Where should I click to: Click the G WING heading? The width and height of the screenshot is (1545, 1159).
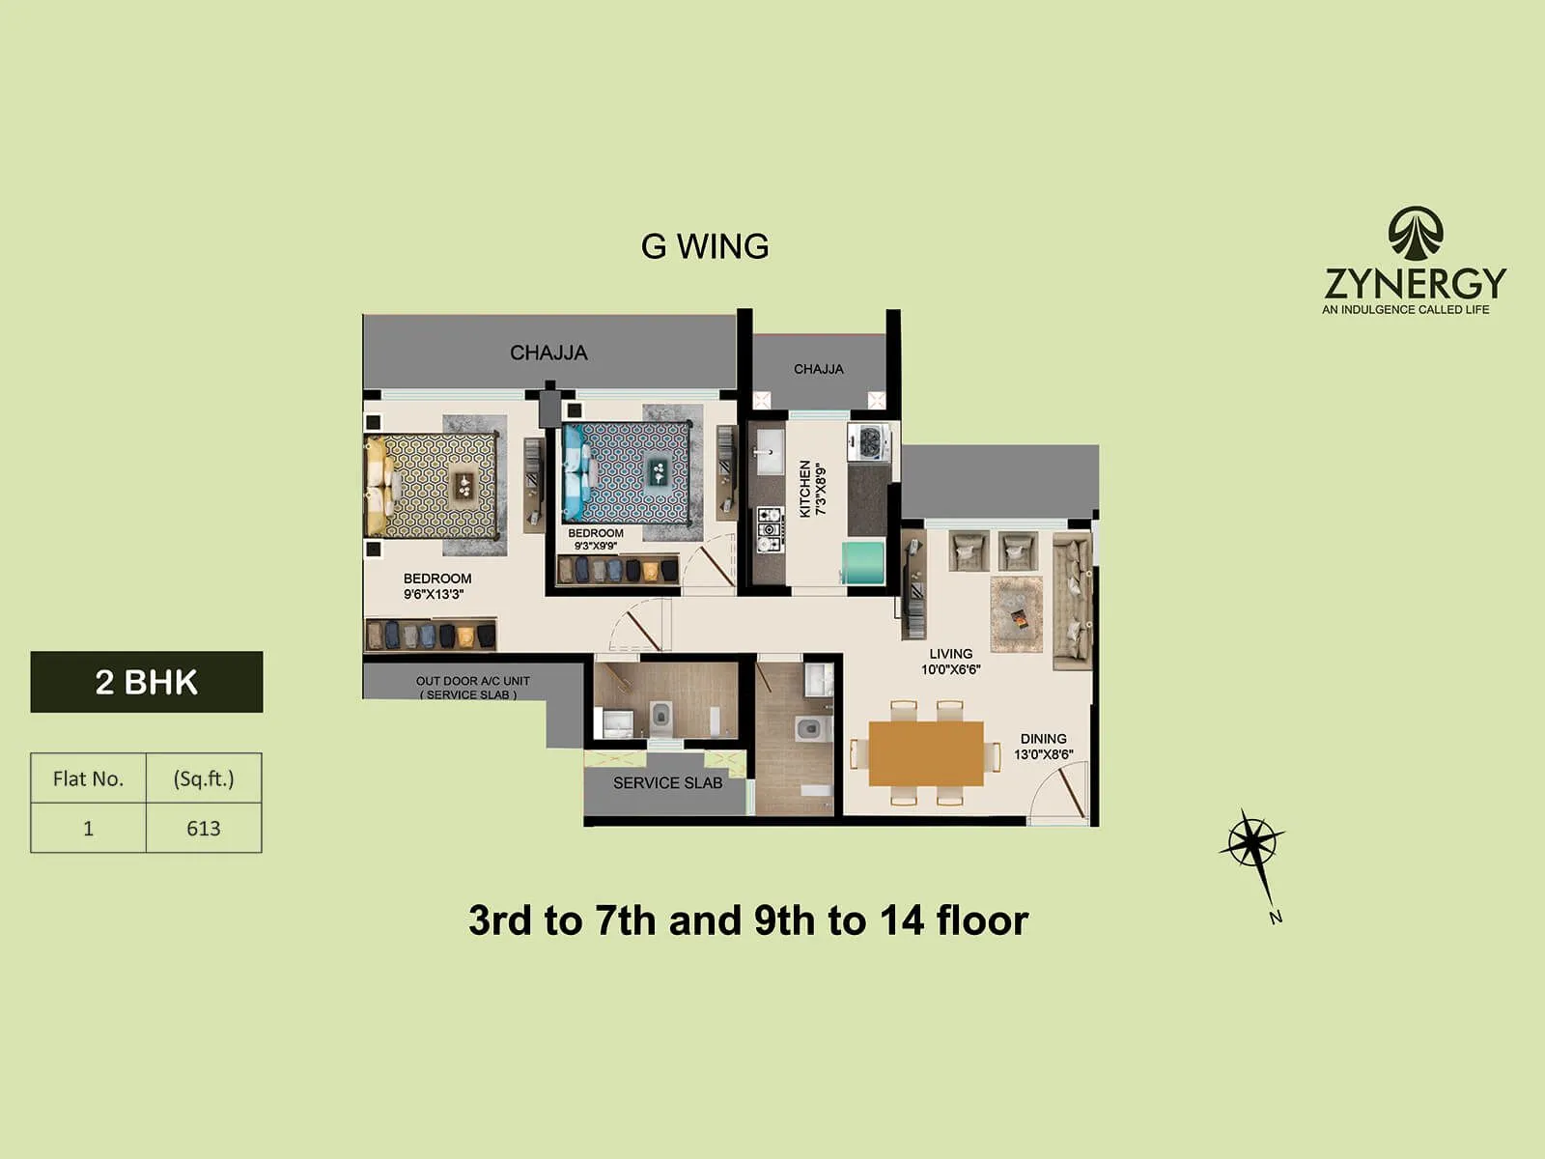705,246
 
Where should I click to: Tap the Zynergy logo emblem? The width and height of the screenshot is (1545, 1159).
1416,235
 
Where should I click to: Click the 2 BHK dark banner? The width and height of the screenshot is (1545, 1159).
147,682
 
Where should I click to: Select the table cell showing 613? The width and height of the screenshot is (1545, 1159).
204,828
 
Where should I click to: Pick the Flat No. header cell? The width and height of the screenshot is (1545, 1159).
88,778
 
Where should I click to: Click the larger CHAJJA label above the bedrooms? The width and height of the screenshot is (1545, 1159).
548,353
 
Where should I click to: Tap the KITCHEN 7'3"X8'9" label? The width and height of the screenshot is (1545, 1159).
812,488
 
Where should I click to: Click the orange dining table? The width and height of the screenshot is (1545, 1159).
925,753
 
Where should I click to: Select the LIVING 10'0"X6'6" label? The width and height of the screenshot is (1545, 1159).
950,662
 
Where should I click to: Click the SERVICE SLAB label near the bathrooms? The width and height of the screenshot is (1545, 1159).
667,783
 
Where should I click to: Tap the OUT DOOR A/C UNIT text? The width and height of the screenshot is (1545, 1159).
472,687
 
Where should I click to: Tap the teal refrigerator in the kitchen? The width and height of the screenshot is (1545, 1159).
863,563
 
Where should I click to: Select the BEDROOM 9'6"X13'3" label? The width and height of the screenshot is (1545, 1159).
436,586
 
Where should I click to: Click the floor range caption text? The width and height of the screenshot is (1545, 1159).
748,920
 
